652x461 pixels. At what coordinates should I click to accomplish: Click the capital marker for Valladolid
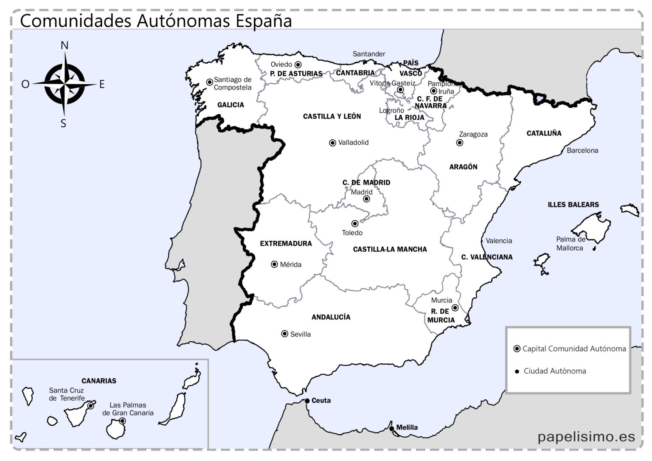click(332, 143)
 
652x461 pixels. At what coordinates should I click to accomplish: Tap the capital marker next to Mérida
click(274, 264)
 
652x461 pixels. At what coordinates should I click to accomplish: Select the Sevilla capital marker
click(285, 334)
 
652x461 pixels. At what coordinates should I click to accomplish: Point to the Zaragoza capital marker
click(459, 143)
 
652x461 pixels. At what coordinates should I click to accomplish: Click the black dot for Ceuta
click(307, 401)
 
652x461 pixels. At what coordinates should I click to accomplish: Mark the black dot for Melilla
click(391, 428)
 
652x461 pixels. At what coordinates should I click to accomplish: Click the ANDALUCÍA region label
click(331, 317)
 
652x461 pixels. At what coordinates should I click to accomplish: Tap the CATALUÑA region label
click(544, 133)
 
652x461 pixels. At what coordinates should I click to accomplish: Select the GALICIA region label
click(230, 105)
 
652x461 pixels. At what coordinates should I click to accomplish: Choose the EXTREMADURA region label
click(286, 244)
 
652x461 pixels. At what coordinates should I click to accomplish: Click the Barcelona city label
click(582, 150)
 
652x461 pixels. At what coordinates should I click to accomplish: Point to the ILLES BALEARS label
click(573, 205)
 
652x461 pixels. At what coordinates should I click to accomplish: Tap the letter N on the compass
click(65, 45)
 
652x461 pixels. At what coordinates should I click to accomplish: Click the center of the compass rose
click(65, 84)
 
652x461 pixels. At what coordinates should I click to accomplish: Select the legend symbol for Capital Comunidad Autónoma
click(517, 349)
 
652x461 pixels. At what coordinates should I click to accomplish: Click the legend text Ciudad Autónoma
click(554, 371)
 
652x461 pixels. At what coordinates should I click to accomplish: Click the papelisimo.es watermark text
click(586, 436)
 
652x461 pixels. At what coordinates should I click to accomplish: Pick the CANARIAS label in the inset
click(99, 381)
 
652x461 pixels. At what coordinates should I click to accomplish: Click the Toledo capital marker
click(355, 224)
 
